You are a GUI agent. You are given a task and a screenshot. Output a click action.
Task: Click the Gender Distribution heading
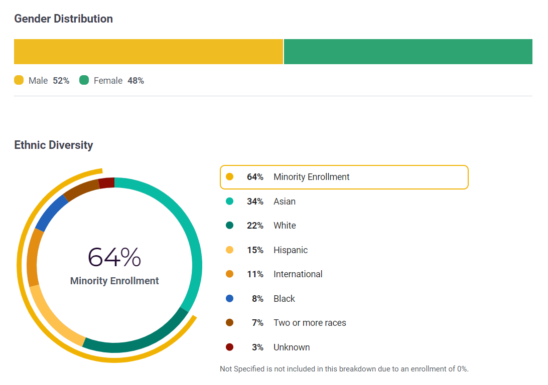pyautogui.click(x=63, y=19)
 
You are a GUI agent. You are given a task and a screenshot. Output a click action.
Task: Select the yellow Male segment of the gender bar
pyautogui.click(x=149, y=52)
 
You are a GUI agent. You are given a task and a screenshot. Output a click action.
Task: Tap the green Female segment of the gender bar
pyautogui.click(x=408, y=52)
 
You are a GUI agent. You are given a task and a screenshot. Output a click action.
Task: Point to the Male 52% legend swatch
pyautogui.click(x=19, y=80)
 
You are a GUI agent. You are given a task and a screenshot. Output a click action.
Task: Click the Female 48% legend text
pyautogui.click(x=119, y=81)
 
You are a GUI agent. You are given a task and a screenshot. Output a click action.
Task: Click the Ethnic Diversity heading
pyautogui.click(x=54, y=145)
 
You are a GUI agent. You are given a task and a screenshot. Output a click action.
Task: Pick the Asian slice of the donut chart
pyautogui.click(x=191, y=236)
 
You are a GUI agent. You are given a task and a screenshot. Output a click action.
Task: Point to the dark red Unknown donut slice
pyautogui.click(x=106, y=183)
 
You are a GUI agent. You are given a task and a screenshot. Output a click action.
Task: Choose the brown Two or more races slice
pyautogui.click(x=80, y=189)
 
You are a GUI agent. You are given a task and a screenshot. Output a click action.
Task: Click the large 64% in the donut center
pyautogui.click(x=114, y=257)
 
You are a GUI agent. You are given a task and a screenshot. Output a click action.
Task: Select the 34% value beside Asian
pyautogui.click(x=255, y=202)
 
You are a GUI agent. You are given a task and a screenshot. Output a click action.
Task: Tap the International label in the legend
pyautogui.click(x=298, y=274)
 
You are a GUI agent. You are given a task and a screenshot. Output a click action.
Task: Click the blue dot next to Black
pyautogui.click(x=230, y=299)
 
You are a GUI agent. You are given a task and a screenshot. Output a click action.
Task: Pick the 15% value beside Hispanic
pyautogui.click(x=255, y=250)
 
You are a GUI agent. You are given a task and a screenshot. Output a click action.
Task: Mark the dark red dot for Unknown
pyautogui.click(x=230, y=347)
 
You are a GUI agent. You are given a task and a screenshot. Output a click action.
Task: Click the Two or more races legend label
pyautogui.click(x=310, y=323)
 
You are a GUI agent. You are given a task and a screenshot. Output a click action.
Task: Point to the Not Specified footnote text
pyautogui.click(x=344, y=369)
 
